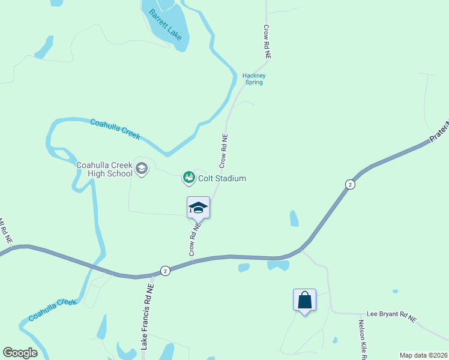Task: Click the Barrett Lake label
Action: (166, 23)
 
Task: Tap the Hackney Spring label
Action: (254, 79)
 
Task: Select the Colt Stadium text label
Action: (222, 178)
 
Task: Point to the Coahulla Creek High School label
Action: (104, 170)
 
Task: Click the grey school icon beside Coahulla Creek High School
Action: (142, 169)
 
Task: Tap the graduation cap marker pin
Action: (199, 208)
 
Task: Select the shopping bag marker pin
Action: (304, 299)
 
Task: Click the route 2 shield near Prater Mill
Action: (350, 184)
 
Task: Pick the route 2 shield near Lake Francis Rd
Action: (166, 271)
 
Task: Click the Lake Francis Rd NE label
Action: (148, 316)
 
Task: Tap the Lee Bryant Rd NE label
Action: (391, 317)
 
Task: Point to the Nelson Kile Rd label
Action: (363, 338)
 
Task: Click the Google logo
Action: (20, 353)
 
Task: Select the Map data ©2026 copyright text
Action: (423, 355)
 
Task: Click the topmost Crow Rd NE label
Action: (267, 41)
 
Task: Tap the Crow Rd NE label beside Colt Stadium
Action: (224, 150)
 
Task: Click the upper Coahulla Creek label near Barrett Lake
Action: (115, 130)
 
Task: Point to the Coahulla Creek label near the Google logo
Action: (53, 310)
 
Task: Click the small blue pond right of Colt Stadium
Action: (294, 218)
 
